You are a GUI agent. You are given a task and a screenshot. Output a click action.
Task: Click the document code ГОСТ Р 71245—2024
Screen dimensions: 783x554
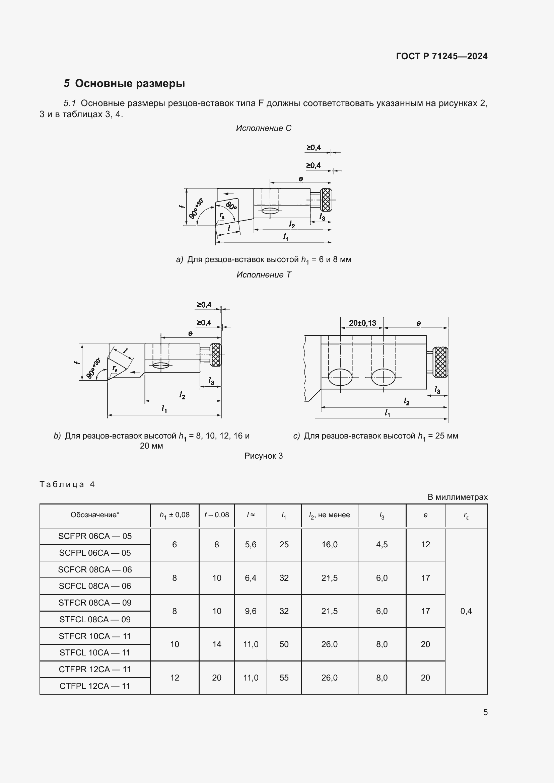[x=442, y=56]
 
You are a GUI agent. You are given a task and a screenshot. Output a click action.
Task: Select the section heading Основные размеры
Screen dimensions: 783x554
[x=130, y=84]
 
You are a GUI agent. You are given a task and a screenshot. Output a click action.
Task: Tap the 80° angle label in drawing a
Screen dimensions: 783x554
[x=232, y=206]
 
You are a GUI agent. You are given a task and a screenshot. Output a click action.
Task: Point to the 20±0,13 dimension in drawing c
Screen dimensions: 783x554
[x=362, y=323]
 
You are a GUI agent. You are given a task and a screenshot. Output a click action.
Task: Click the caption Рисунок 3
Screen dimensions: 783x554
[x=263, y=456]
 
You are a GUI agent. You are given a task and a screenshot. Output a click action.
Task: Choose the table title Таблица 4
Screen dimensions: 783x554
[x=67, y=484]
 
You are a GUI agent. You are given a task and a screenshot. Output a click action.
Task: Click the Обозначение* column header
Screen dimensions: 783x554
[x=95, y=515]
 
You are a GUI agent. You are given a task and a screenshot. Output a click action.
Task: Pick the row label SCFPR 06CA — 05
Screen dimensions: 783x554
[x=95, y=536]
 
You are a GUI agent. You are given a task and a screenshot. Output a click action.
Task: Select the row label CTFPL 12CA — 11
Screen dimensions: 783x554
[x=95, y=686]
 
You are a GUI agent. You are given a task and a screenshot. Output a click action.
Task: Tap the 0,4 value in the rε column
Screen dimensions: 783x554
[x=466, y=611]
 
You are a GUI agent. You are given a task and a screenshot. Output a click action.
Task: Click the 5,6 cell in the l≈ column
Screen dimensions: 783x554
[x=251, y=545]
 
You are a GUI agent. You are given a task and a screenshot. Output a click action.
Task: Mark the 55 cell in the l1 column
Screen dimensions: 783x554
[x=284, y=678]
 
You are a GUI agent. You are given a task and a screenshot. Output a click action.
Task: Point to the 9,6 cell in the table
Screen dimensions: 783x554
[x=251, y=611]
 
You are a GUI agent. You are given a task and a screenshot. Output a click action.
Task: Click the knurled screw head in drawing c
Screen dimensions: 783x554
[x=440, y=362]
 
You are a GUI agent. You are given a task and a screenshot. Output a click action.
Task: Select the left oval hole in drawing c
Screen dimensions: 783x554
[x=340, y=377]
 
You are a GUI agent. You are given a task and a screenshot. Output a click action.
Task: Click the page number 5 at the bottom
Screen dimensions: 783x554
[x=485, y=712]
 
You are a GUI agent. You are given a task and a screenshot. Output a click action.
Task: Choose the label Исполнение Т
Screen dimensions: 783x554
[x=264, y=275]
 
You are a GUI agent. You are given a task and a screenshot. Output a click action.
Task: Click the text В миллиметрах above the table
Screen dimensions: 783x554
[x=458, y=497]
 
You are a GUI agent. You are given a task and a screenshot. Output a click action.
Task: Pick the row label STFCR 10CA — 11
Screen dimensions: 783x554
[x=95, y=636]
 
